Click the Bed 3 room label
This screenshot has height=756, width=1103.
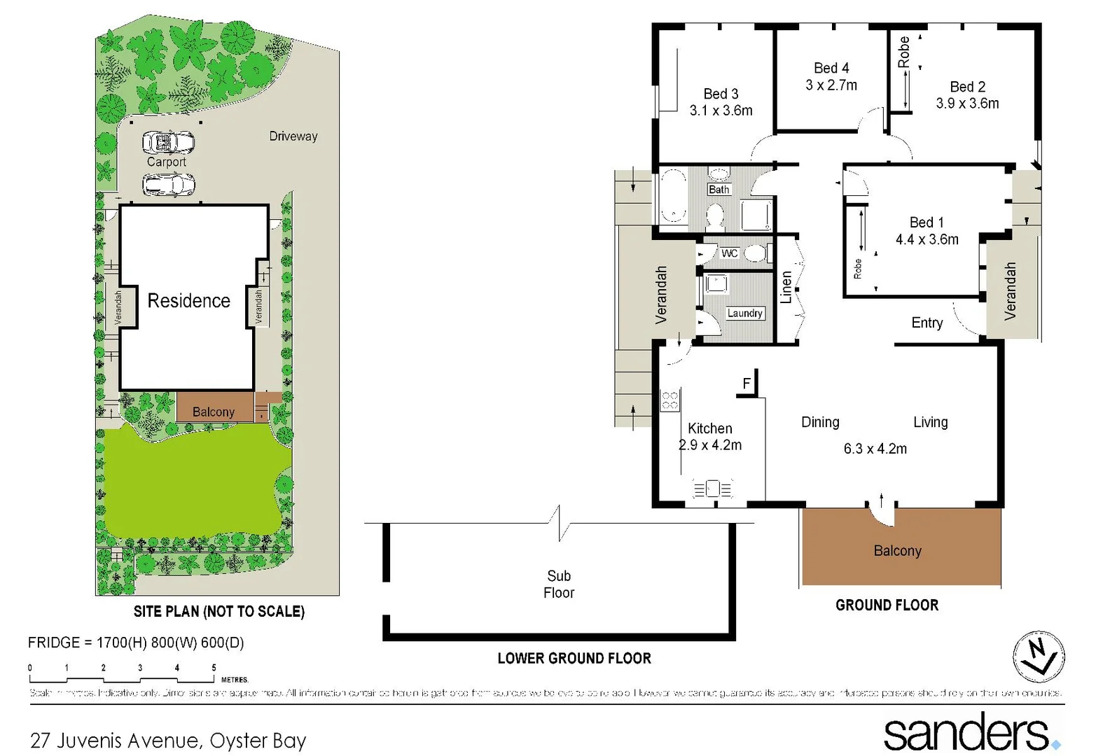(x=721, y=94)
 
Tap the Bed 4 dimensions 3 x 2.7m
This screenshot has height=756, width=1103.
(x=831, y=85)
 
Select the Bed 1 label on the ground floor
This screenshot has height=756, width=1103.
(x=926, y=223)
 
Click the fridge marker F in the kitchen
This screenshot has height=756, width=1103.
(x=747, y=383)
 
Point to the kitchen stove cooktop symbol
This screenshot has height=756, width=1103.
(x=670, y=400)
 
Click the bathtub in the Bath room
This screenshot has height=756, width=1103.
(x=674, y=197)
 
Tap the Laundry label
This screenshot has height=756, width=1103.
(x=744, y=314)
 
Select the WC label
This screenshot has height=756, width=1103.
(x=729, y=253)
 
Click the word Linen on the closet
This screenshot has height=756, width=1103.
(x=786, y=287)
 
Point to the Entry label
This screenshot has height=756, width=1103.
(x=927, y=323)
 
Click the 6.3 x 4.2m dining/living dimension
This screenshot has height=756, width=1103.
(x=875, y=449)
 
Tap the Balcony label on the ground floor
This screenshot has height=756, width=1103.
(x=897, y=551)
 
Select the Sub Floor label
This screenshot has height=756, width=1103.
(x=559, y=584)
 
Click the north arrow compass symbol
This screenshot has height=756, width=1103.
(x=1039, y=657)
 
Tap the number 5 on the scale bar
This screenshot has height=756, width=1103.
(x=214, y=668)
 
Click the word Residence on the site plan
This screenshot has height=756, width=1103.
(x=188, y=301)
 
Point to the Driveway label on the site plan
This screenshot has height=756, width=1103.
(x=293, y=136)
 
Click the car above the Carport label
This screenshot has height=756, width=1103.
(x=168, y=143)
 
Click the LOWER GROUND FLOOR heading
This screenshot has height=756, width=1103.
(x=574, y=659)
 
